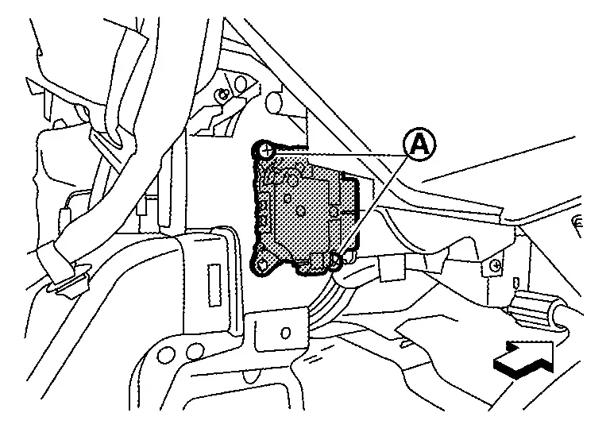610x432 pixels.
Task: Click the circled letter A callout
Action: coord(419,145)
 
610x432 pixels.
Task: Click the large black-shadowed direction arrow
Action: coord(524,357)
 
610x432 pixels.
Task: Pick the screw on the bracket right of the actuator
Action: coord(495,264)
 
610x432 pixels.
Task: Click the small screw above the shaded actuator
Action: coord(226,94)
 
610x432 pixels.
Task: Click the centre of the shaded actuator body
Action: coord(306,208)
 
